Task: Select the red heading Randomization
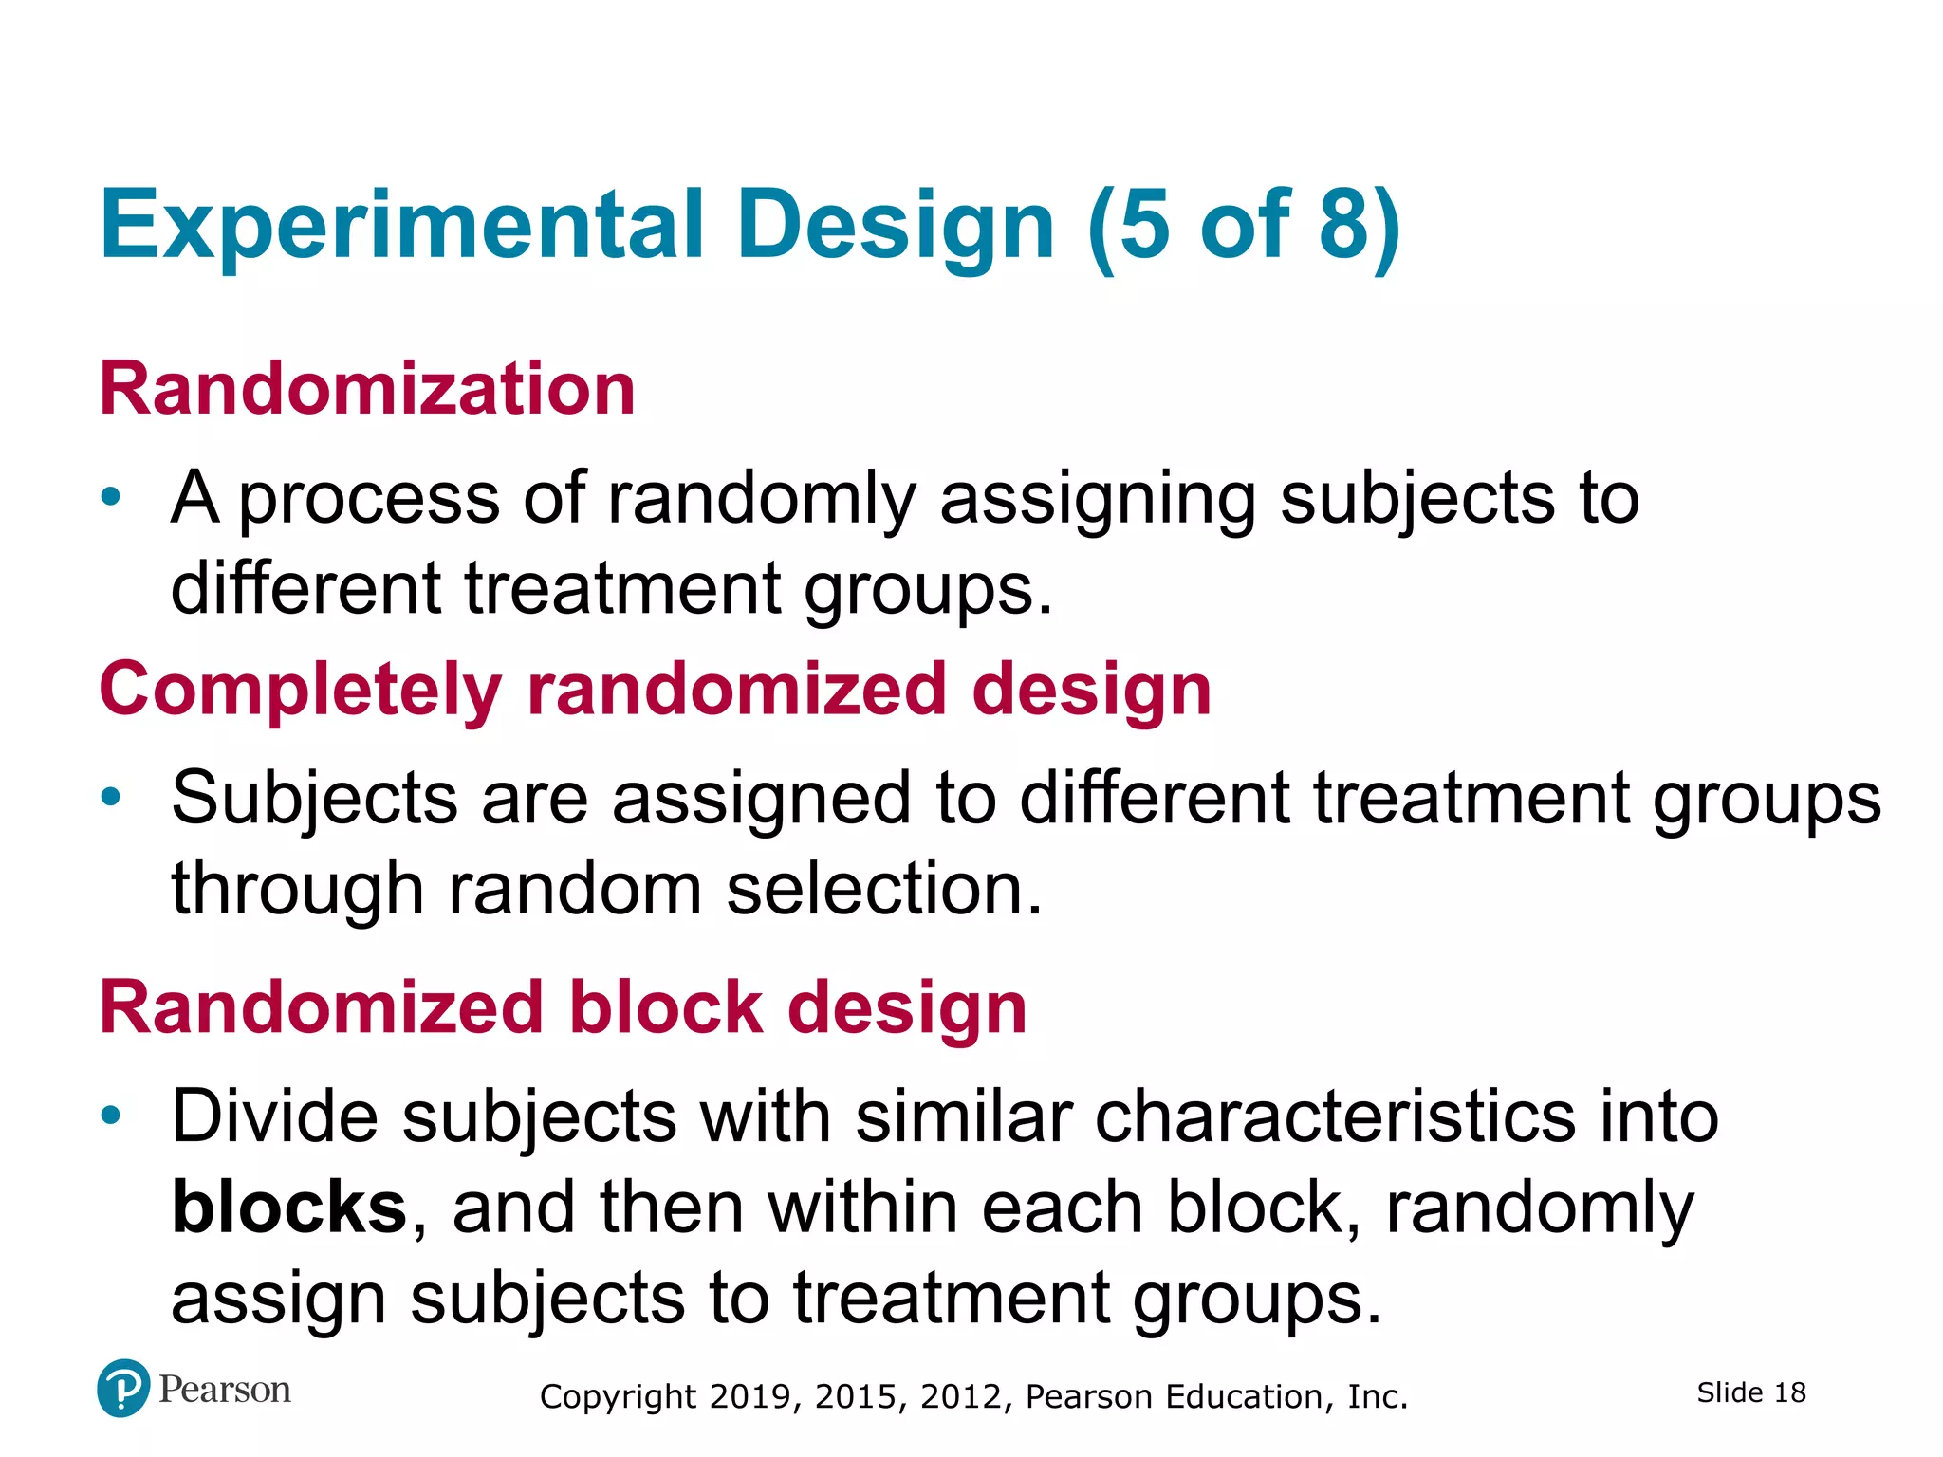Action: (x=367, y=389)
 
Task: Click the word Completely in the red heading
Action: (x=300, y=691)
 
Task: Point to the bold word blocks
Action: (x=289, y=1208)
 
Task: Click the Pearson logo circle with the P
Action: (x=123, y=1389)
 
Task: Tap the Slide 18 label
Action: (x=1751, y=1392)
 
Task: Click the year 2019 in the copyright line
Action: (x=749, y=1396)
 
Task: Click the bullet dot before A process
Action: (x=111, y=496)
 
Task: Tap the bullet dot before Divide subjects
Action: (x=111, y=1115)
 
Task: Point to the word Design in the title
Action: (x=895, y=226)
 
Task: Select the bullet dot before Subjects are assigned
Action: (x=111, y=797)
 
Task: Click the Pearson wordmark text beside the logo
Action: (x=225, y=1390)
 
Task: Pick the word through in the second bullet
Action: (x=296, y=890)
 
